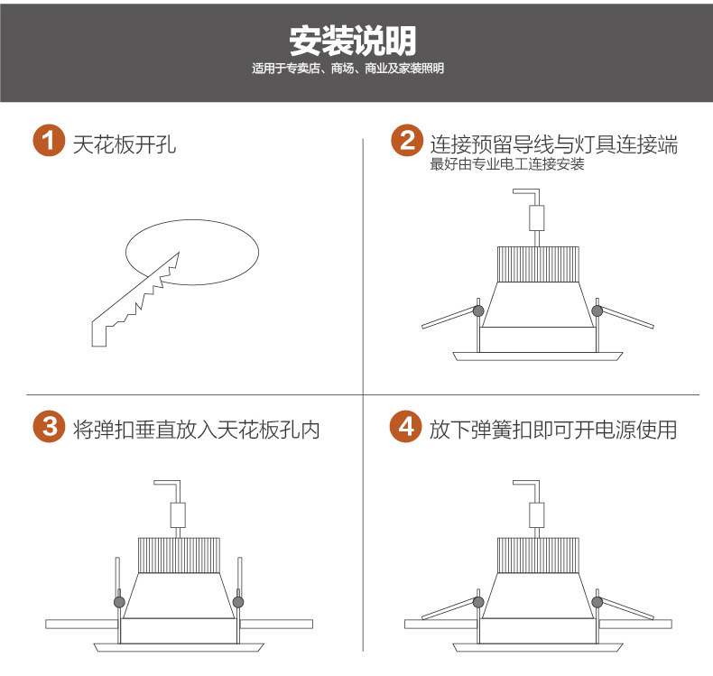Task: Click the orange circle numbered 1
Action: pyautogui.click(x=49, y=141)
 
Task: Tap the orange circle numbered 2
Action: pyautogui.click(x=407, y=141)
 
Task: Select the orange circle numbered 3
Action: pyautogui.click(x=49, y=426)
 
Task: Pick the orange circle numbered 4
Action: pyautogui.click(x=406, y=426)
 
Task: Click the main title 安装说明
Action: pyautogui.click(x=353, y=41)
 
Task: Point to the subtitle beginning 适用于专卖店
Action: pyautogui.click(x=347, y=69)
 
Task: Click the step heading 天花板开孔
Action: pyautogui.click(x=125, y=144)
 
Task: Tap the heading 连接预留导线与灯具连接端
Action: pyautogui.click(x=554, y=144)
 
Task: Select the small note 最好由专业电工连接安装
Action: pyautogui.click(x=507, y=164)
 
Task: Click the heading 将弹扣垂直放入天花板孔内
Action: pyautogui.click(x=197, y=430)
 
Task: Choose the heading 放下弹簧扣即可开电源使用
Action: pyautogui.click(x=553, y=430)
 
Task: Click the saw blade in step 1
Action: pyautogui.click(x=136, y=300)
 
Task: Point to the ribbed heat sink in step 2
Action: pyautogui.click(x=538, y=264)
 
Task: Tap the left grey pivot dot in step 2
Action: pyautogui.click(x=478, y=311)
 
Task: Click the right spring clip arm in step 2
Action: pyautogui.click(x=626, y=317)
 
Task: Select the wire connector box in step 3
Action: pyautogui.click(x=178, y=515)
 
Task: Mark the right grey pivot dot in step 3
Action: pyautogui.click(x=238, y=602)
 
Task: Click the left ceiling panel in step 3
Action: pyautogui.click(x=82, y=624)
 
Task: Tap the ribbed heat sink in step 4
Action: pyautogui.click(x=538, y=556)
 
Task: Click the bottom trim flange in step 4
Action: pyautogui.click(x=538, y=648)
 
